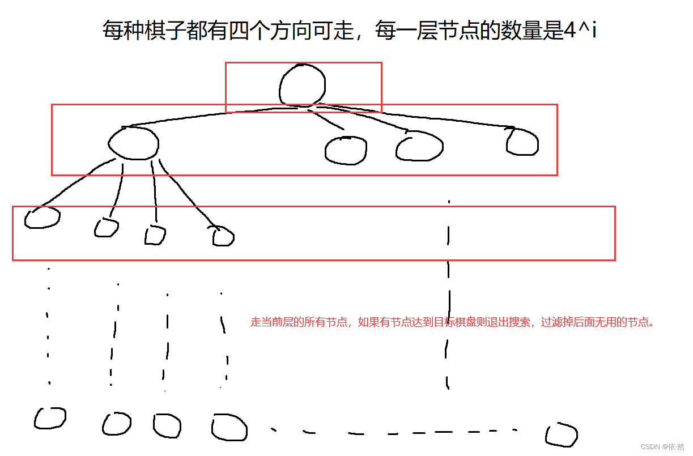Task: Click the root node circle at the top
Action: (x=303, y=86)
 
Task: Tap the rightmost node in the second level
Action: (x=522, y=142)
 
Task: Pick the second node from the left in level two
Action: (x=346, y=150)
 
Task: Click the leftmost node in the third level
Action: (x=42, y=218)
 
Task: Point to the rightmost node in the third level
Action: (x=223, y=236)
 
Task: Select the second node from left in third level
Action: (x=106, y=228)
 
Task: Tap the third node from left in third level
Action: (x=155, y=235)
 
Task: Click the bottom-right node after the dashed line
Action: (x=562, y=435)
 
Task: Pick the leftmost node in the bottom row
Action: (x=50, y=418)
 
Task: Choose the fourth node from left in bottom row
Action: (x=229, y=427)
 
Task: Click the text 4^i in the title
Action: (x=580, y=30)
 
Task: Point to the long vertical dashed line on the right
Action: (x=448, y=295)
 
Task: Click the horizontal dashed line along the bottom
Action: (x=397, y=433)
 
